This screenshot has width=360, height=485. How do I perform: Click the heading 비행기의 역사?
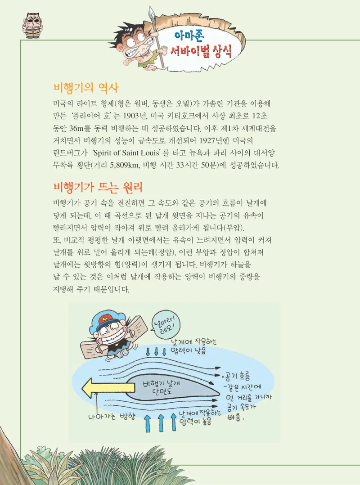(85, 87)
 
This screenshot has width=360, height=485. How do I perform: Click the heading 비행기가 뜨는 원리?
(98, 186)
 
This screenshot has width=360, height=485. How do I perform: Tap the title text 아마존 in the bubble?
(191, 36)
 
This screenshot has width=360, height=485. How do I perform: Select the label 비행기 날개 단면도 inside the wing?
(160, 387)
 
